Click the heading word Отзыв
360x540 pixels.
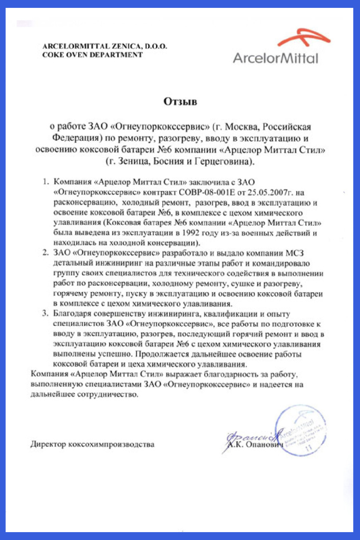click(180, 102)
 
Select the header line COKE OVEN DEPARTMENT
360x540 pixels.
click(93, 54)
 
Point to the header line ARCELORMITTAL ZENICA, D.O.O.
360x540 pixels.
click(105, 46)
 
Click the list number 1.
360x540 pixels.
click(45, 182)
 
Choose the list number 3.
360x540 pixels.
click(45, 315)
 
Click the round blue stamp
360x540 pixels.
click(298, 429)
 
